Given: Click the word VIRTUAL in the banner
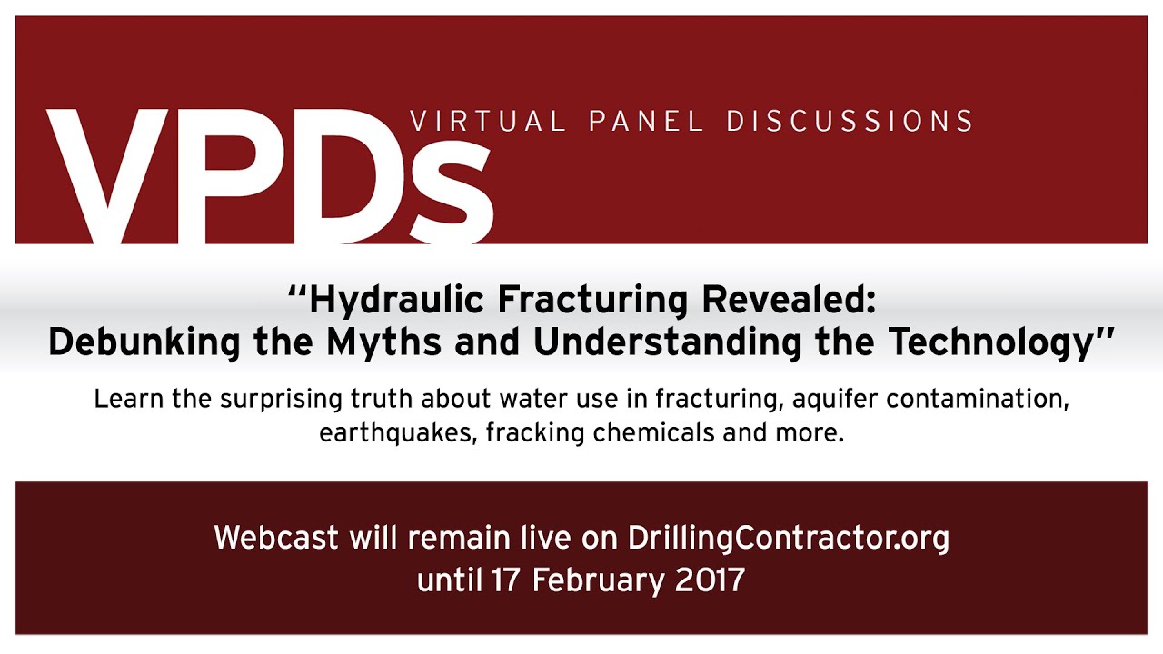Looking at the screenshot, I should pos(489,121).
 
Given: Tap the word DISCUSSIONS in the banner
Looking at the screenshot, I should pos(850,121).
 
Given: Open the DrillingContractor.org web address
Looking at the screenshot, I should pos(789,538).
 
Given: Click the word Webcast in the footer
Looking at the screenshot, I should pos(276,538).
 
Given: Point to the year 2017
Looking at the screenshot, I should pos(711,580).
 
